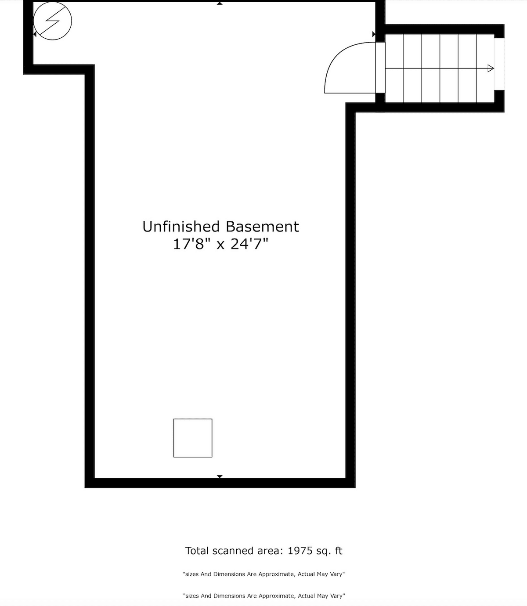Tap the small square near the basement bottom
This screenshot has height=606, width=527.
pos(193,438)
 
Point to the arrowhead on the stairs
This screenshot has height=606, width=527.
pos(491,69)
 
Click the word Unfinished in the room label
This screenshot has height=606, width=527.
pos(181,227)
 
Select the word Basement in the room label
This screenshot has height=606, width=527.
pos(262,227)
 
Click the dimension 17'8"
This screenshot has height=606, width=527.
pos(189,244)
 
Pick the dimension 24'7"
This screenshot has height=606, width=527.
pos(249,244)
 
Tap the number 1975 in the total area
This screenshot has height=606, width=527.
pos(300,551)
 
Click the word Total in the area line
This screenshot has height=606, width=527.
pos(198,551)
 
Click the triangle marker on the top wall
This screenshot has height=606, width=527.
pos(220,3)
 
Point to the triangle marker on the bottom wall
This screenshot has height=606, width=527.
pos(220,476)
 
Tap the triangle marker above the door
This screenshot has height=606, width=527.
pos(374,34)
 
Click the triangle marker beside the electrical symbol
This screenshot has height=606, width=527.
pos(35,34)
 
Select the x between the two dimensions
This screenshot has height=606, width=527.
pos(220,245)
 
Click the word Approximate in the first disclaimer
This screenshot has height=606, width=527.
pos(276,574)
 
